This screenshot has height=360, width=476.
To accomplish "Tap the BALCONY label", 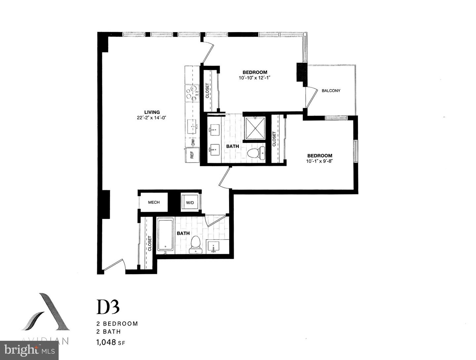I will point(331,90).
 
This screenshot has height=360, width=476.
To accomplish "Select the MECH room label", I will point(154,202).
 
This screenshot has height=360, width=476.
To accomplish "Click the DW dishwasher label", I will point(192,142).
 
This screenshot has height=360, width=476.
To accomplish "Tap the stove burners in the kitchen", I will point(192,93).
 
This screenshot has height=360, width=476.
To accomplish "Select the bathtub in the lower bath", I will point(165,234).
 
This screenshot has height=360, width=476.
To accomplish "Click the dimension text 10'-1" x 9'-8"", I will point(320,161).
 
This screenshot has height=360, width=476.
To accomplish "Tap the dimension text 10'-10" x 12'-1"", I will point(255,78).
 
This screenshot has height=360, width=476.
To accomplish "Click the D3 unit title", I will point(108,307).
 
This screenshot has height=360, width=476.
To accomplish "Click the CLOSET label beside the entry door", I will point(149,243).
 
